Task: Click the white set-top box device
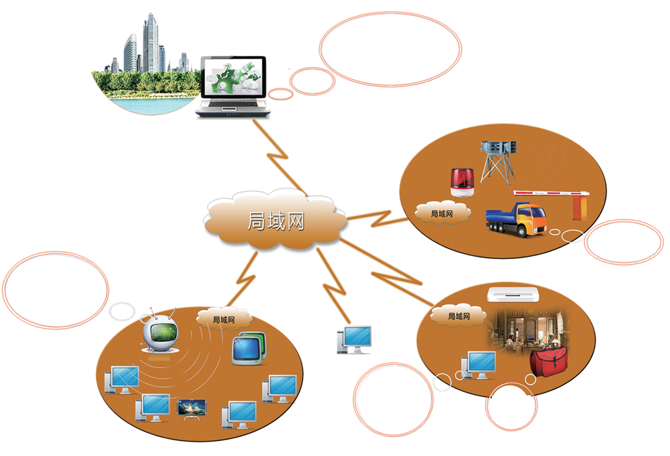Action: pos(513,294)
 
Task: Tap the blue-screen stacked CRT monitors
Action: pos(249,349)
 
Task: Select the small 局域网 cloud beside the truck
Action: pos(442,213)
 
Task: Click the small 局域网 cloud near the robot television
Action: pos(224,319)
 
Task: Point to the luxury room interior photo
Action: pos(528,331)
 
